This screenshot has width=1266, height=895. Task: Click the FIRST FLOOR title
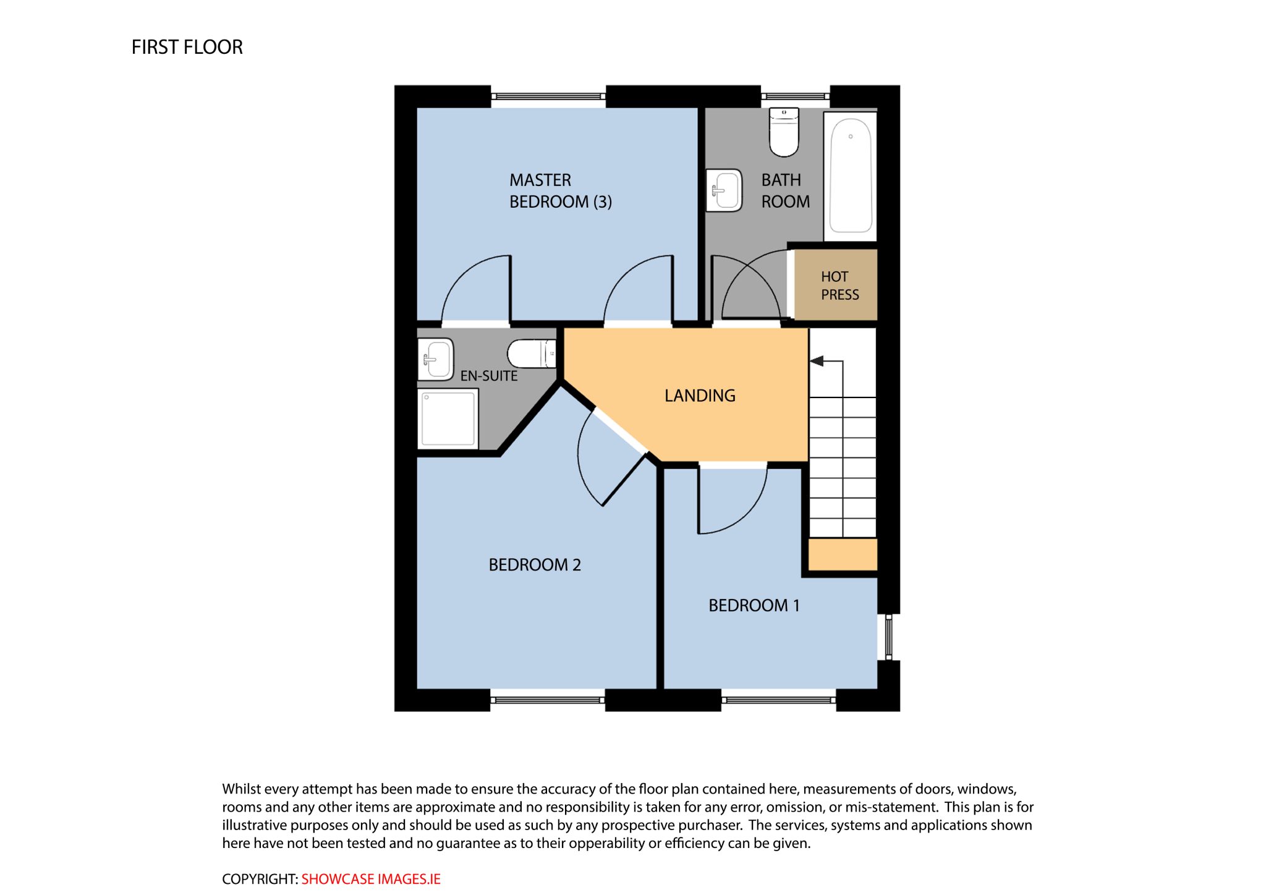(187, 47)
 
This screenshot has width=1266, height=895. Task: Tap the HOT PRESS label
(839, 286)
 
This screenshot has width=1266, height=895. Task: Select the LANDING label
(700, 396)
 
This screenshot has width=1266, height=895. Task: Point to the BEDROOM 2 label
(535, 565)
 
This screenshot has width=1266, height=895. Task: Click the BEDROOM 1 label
(754, 606)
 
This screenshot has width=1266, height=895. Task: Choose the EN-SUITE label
(489, 376)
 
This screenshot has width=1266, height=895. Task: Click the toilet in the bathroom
(784, 132)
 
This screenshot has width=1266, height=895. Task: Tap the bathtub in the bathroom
(851, 176)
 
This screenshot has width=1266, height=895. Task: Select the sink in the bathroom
(724, 190)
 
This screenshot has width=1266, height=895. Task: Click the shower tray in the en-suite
(448, 418)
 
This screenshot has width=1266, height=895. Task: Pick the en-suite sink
(436, 359)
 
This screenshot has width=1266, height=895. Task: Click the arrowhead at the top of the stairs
(817, 361)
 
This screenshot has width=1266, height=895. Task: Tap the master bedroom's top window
(548, 96)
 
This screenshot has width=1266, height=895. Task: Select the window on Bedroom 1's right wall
(888, 637)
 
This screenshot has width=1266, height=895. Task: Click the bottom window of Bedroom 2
(548, 700)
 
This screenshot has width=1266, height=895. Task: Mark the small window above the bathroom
(795, 96)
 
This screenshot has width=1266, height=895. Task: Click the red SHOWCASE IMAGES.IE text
(371, 879)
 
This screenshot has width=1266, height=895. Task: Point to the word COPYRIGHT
(260, 879)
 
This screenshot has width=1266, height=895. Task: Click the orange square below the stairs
(843, 554)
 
